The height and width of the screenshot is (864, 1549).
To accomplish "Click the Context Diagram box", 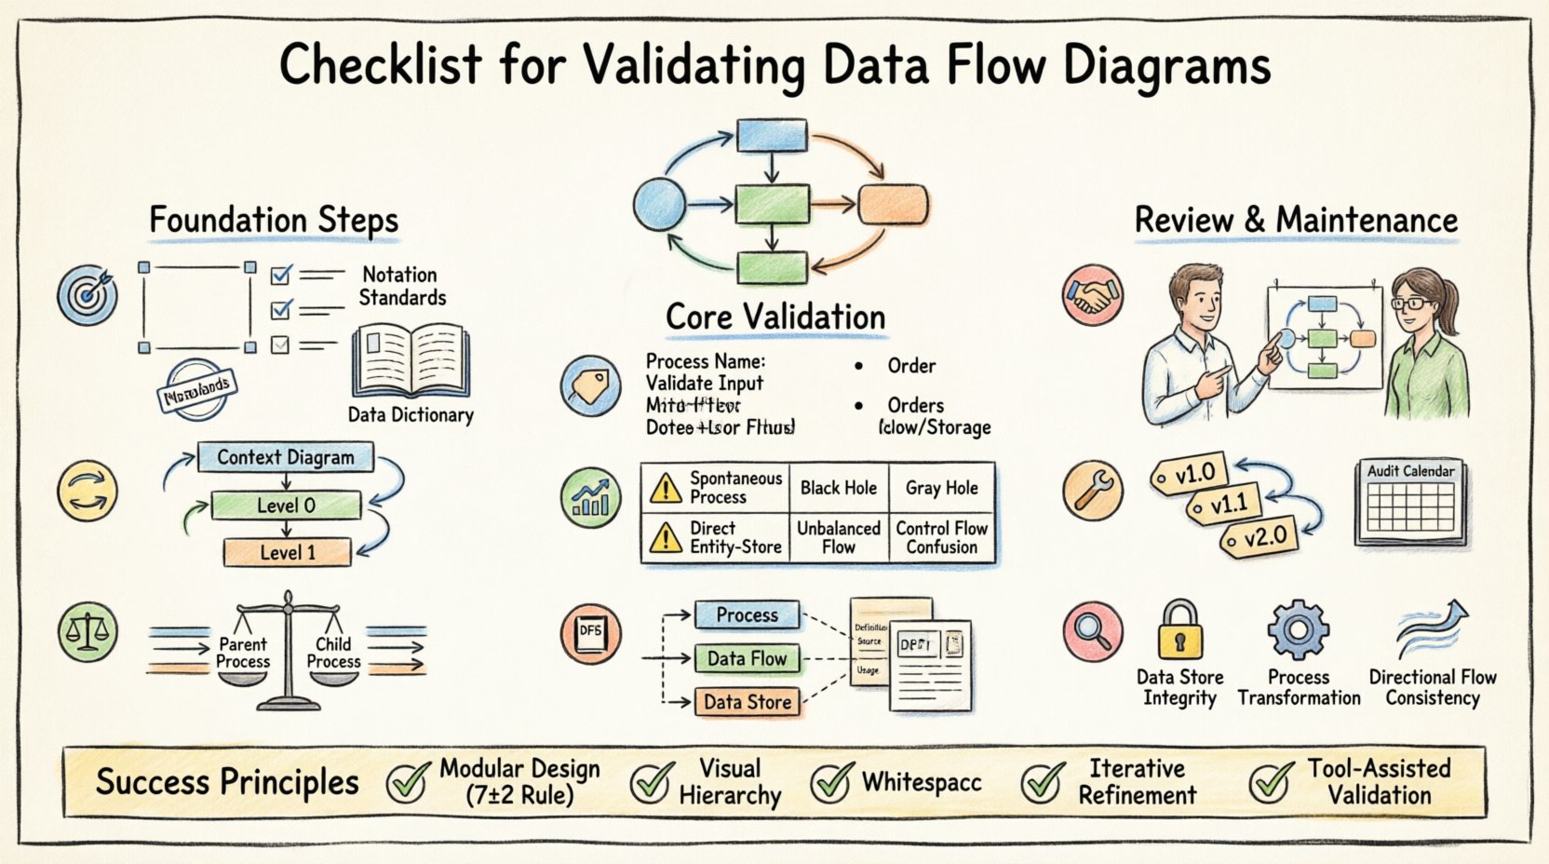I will click(285, 457).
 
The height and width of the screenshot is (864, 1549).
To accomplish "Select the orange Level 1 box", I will click(287, 552).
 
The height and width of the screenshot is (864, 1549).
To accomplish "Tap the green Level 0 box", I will click(286, 506).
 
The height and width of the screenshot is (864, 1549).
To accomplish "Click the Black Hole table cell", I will click(838, 488).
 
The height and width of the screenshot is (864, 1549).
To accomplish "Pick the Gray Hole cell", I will click(941, 488).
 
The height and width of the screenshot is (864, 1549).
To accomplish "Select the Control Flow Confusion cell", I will click(941, 537).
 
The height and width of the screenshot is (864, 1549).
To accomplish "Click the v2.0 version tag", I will click(1258, 537).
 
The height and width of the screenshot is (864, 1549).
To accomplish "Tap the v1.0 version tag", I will click(1189, 475).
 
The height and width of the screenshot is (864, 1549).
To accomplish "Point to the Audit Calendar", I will click(1410, 503).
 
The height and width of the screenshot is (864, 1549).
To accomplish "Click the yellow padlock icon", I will click(1179, 631).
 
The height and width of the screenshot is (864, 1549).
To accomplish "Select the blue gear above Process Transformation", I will click(1298, 630).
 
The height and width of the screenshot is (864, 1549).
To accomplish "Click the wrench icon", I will click(1093, 491).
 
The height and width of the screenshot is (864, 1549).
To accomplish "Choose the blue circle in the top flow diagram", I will click(659, 204).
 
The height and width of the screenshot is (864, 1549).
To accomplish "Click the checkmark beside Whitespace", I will click(830, 782).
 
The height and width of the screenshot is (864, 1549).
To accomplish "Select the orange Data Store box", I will click(748, 702).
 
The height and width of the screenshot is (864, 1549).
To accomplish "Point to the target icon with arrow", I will click(88, 295).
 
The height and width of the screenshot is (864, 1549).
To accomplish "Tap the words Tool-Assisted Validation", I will click(1379, 782).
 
